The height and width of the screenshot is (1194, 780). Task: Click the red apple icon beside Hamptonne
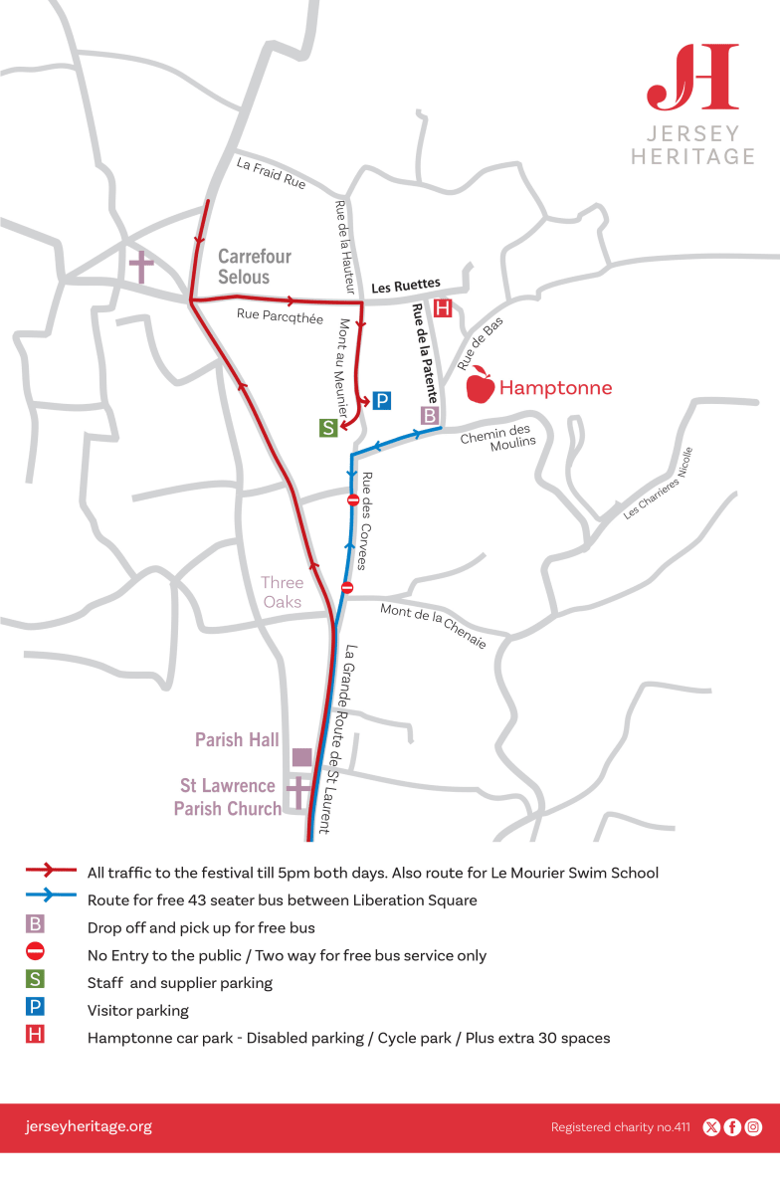pyautogui.click(x=481, y=385)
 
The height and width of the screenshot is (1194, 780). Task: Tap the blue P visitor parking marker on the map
pyautogui.click(x=382, y=401)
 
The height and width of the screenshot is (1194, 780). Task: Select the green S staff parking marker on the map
pyautogui.click(x=328, y=429)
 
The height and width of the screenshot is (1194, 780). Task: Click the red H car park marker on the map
pyautogui.click(x=444, y=307)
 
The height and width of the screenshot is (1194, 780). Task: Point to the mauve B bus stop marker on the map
pyautogui.click(x=430, y=415)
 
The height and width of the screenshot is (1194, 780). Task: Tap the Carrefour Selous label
pyautogui.click(x=255, y=267)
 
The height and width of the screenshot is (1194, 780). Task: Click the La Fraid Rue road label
pyautogui.click(x=271, y=173)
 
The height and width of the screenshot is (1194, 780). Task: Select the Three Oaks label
pyautogui.click(x=282, y=592)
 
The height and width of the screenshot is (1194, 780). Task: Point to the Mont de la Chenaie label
pyautogui.click(x=434, y=627)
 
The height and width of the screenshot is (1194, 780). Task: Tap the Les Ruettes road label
pyautogui.click(x=406, y=287)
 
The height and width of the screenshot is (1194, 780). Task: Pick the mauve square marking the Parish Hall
pyautogui.click(x=301, y=757)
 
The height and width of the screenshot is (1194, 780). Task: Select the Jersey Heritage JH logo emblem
pyautogui.click(x=692, y=77)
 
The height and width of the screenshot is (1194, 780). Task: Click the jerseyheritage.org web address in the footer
pyautogui.click(x=89, y=1126)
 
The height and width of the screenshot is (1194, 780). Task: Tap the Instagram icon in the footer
pyautogui.click(x=754, y=1127)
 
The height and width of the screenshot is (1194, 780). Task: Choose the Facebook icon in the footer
pyautogui.click(x=732, y=1127)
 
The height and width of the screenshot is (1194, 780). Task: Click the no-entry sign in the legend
pyautogui.click(x=35, y=950)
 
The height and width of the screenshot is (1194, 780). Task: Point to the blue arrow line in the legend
pyautogui.click(x=52, y=896)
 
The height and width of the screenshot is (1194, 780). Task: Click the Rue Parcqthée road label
pyautogui.click(x=281, y=316)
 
